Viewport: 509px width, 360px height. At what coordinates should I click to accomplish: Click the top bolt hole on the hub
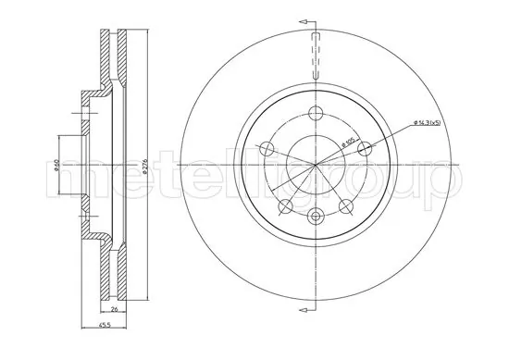(x=316, y=114)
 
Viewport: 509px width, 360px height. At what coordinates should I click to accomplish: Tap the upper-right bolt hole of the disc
(x=365, y=147)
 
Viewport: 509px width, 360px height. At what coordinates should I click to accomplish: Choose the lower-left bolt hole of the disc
(x=286, y=205)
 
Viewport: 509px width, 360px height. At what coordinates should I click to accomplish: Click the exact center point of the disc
(x=316, y=165)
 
